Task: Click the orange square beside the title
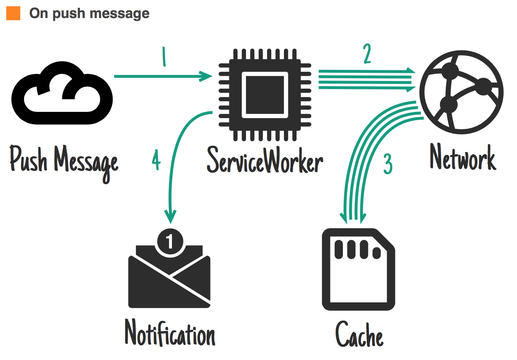click(x=13, y=13)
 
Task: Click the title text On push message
click(x=89, y=14)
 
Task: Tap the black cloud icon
click(x=62, y=94)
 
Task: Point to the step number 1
click(x=164, y=57)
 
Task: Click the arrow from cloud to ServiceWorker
click(x=162, y=76)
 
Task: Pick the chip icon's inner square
click(x=265, y=95)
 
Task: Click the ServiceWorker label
click(x=265, y=160)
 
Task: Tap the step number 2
click(x=367, y=54)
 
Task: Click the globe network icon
click(x=462, y=92)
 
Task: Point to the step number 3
click(x=388, y=164)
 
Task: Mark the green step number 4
click(x=156, y=160)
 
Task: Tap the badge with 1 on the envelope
click(x=170, y=241)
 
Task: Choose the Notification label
click(x=170, y=333)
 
